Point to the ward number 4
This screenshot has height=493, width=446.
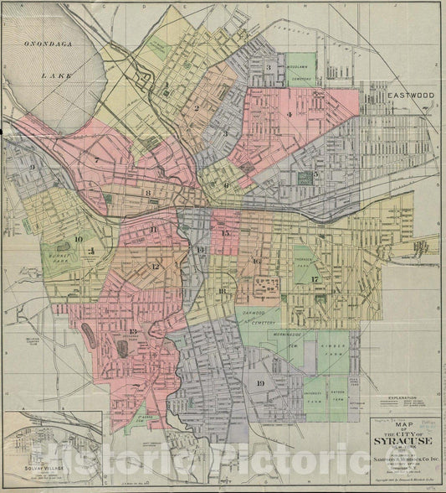pyautogui.click(x=289, y=115)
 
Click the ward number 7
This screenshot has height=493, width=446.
pyautogui.click(x=96, y=160)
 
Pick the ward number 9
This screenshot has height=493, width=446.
pyautogui.click(x=32, y=167)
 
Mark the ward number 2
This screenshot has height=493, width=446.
pyautogui.click(x=196, y=107)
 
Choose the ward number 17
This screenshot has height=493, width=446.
pyautogui.click(x=315, y=279)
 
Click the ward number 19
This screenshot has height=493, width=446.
pyautogui.click(x=260, y=383)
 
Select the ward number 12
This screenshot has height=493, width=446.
pyautogui.click(x=156, y=267)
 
